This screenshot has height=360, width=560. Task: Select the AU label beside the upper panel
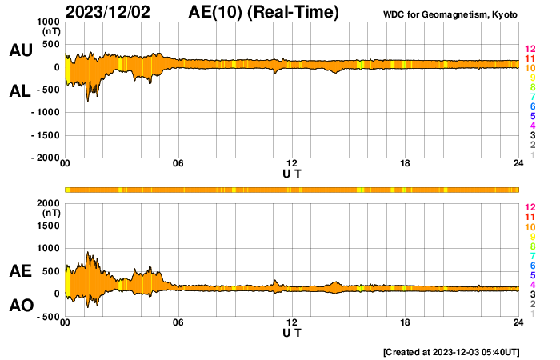point(21,50)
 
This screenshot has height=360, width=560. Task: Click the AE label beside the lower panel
point(21,271)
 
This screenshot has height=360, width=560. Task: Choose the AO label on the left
point(21,306)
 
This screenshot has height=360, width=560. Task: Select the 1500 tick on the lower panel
point(48,226)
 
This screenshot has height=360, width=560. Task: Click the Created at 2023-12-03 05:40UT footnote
point(451,352)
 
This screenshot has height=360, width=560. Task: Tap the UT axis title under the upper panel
point(292,174)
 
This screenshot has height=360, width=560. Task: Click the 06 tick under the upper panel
point(178,164)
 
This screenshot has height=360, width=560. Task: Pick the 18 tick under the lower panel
point(406,322)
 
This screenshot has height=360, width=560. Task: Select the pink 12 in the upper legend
point(530,49)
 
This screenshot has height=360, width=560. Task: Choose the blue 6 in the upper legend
point(532,106)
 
